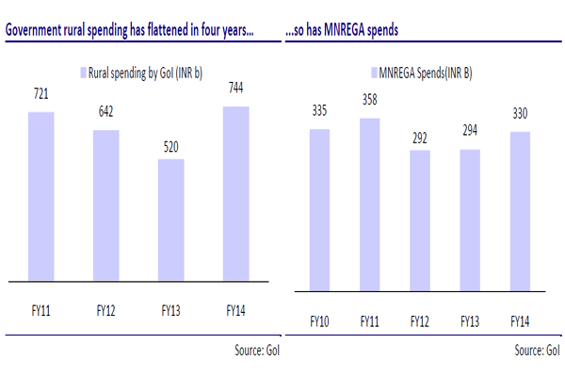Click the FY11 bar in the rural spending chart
click(41, 197)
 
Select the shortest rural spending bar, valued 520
click(171, 221)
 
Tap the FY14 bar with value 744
click(236, 194)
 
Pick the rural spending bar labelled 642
click(106, 205)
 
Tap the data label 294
click(467, 135)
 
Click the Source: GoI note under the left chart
click(257, 351)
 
